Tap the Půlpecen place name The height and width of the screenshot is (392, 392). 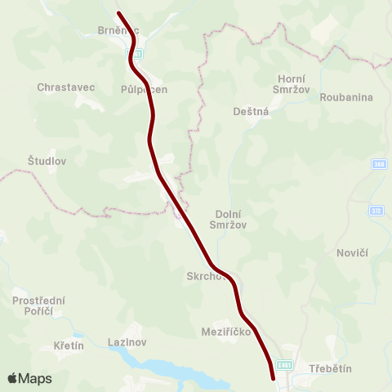[143, 90]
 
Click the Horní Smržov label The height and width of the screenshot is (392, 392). [292, 85]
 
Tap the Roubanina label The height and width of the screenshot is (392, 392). [346, 97]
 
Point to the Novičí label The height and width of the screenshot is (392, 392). [353, 253]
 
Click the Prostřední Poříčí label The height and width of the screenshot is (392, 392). [38, 307]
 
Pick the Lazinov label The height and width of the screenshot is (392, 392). [127, 342]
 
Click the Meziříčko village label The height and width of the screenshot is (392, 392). [225, 332]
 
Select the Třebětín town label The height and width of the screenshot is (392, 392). [330, 369]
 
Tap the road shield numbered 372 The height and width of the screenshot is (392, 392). [376, 212]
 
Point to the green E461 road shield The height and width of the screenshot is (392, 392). [283, 365]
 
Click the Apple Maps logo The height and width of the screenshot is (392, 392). [29, 378]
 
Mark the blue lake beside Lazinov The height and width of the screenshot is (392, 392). [171, 370]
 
